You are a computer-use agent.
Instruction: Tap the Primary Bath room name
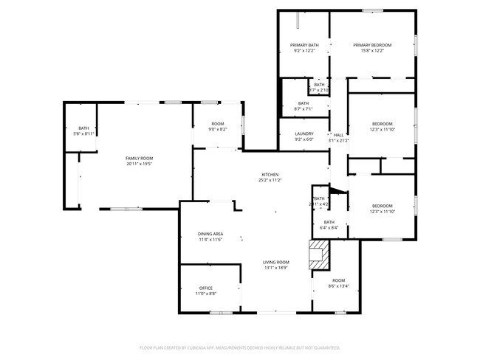pyautogui.click(x=304, y=45)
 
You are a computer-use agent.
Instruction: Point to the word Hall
pyautogui.click(x=339, y=135)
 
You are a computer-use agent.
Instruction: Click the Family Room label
pyautogui.click(x=139, y=159)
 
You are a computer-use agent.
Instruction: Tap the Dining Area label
pyautogui.click(x=210, y=234)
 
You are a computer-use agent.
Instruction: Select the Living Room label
pyautogui.click(x=277, y=263)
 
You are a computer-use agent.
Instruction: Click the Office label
pyautogui.click(x=206, y=288)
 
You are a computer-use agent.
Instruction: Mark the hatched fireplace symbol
pyautogui.click(x=318, y=255)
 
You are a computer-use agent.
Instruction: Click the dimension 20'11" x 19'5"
pyautogui.click(x=139, y=165)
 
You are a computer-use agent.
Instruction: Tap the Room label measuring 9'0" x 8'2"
pyautogui.click(x=218, y=123)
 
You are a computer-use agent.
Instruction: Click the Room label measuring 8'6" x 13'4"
pyautogui.click(x=338, y=280)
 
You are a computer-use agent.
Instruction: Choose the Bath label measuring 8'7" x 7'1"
pyautogui.click(x=304, y=103)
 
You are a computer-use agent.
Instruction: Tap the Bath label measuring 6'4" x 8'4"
pyautogui.click(x=329, y=222)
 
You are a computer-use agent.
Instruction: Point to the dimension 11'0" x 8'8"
pyautogui.click(x=206, y=294)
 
